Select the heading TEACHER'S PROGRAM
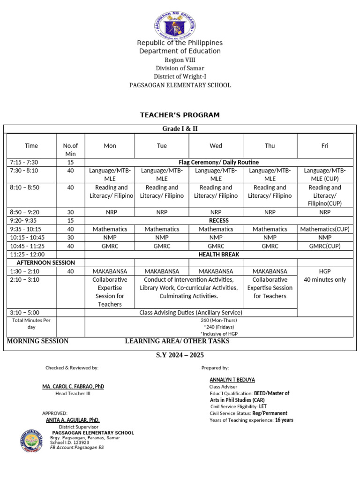coord(180,115)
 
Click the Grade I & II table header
coord(180,129)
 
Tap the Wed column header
coord(216,146)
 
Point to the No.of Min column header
coord(70,150)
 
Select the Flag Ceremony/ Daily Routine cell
coord(218,162)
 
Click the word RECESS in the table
coord(218,220)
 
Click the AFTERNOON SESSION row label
coord(45,262)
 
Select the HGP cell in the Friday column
coord(324,271)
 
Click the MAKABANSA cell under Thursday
coord(270,271)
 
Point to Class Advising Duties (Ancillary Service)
coord(191,312)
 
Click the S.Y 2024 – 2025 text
coord(180,355)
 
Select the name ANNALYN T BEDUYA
coord(232,380)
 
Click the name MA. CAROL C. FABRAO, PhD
coord(73,386)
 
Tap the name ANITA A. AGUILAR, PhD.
coord(73,420)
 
